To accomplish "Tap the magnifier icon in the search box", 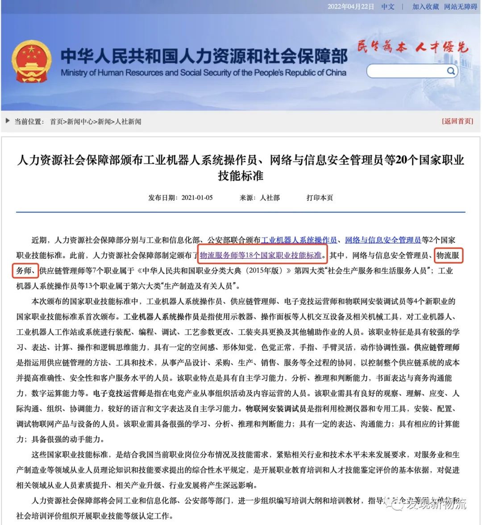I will (451, 71).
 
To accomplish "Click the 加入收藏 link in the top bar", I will (425, 7).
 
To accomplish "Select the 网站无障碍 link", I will (461, 7).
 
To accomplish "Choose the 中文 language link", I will (388, 7).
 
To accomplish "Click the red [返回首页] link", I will (457, 121).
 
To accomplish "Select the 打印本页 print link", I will (320, 197).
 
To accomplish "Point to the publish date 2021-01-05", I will (197, 197).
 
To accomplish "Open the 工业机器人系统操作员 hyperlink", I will (299, 240).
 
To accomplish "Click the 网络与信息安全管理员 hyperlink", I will (383, 240).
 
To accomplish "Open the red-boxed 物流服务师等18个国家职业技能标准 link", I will (261, 255).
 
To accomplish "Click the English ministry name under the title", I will (203, 73).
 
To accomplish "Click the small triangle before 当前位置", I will (8, 121).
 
